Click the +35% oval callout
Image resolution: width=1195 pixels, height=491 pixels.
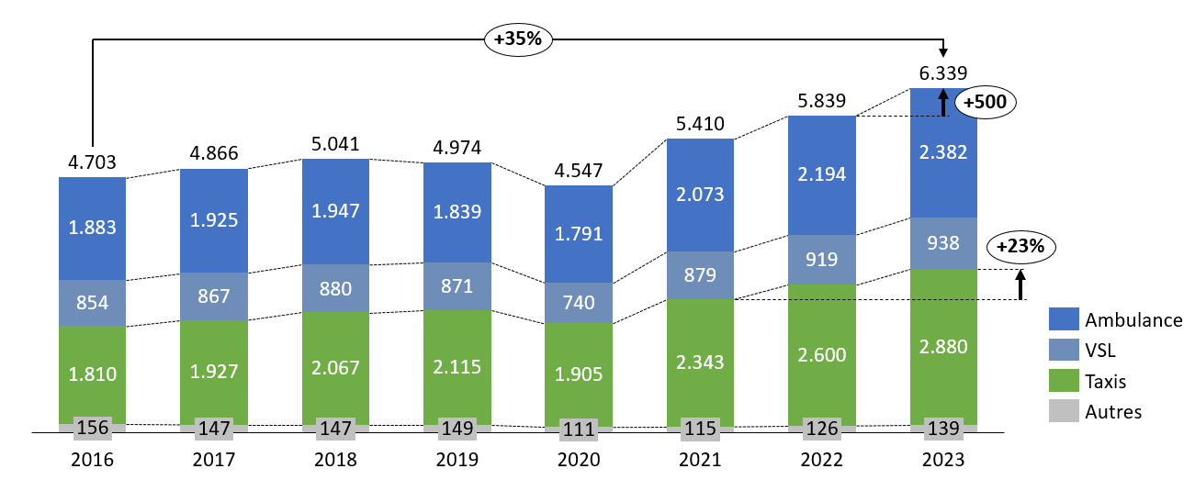[x=518, y=39]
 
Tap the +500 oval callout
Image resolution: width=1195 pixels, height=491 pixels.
[x=986, y=103]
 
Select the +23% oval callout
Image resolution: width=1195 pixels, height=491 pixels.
[x=1020, y=246]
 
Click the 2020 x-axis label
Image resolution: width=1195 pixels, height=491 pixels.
[x=579, y=459]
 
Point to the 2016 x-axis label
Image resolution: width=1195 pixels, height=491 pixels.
[x=92, y=459]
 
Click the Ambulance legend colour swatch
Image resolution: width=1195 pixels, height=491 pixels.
[x=1064, y=319]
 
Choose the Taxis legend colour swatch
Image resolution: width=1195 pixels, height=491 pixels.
[x=1064, y=381]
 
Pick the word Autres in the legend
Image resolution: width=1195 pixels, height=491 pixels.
[x=1113, y=411]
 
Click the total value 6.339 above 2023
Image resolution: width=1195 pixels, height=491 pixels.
[x=943, y=73]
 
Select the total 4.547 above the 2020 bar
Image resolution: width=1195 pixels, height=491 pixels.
[x=579, y=170]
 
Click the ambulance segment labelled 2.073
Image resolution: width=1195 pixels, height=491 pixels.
[x=700, y=194]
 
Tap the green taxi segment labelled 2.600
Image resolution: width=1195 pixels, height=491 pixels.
[x=822, y=354]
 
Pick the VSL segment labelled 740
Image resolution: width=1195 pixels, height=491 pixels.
[x=579, y=303]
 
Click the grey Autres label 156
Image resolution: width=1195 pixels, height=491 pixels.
[x=92, y=428]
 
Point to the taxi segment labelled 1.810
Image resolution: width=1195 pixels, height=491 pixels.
[x=92, y=374]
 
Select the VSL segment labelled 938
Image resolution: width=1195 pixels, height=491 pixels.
[x=943, y=243]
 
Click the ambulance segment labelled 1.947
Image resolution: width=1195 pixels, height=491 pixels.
[x=335, y=211]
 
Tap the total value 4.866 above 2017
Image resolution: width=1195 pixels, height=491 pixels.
[x=213, y=153]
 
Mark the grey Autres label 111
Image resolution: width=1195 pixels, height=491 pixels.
[x=579, y=429]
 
